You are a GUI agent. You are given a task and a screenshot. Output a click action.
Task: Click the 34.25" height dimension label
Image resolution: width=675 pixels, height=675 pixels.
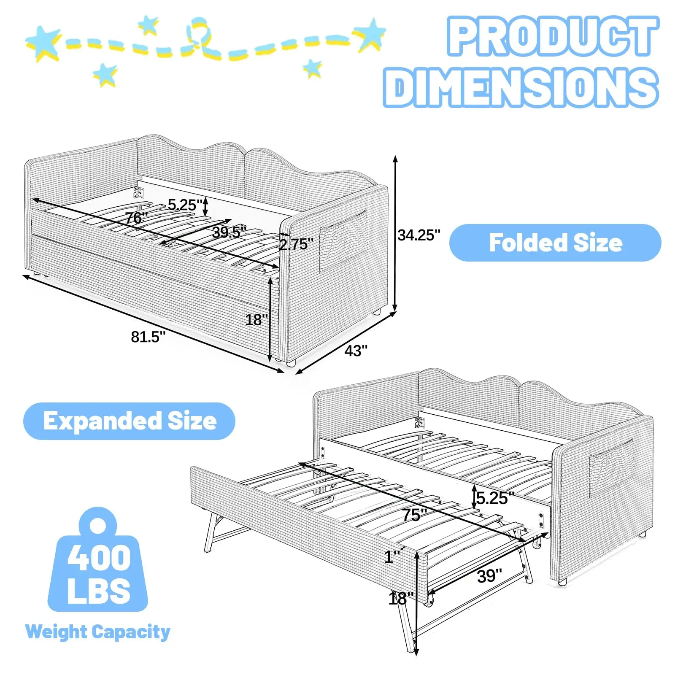[x=418, y=235]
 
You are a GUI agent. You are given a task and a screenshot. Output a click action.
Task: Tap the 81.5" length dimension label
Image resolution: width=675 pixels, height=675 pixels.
[x=148, y=337]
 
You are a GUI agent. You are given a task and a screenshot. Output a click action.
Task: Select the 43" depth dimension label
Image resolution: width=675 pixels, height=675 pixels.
[x=356, y=351]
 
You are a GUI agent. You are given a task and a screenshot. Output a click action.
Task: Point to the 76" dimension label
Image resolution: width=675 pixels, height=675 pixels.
[x=136, y=218]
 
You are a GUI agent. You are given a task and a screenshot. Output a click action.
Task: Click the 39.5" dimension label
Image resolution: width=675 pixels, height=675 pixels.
[x=229, y=232]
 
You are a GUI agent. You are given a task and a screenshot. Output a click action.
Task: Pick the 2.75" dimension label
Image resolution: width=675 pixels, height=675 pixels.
[x=296, y=244]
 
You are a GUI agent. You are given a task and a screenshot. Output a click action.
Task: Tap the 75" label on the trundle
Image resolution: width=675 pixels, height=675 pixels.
[x=415, y=515]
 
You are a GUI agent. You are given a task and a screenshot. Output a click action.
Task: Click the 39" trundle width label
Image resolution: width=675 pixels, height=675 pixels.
[x=489, y=576]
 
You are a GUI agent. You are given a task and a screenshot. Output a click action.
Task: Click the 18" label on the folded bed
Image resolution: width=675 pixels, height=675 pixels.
[x=256, y=320]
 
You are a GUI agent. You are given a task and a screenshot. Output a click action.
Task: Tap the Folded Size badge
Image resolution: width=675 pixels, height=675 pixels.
[x=555, y=243]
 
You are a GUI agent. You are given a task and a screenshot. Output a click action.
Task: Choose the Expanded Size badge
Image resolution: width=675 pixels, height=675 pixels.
[x=130, y=421]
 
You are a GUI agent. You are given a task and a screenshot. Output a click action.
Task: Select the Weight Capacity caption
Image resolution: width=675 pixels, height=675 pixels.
[x=98, y=632]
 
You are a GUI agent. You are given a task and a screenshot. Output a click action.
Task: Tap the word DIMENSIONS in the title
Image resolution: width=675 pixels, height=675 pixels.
[x=521, y=87]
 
